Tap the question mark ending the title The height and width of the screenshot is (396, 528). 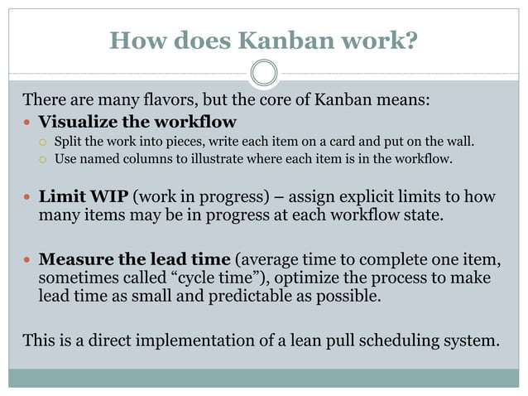(x=410, y=39)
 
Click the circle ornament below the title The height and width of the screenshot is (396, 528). (x=263, y=73)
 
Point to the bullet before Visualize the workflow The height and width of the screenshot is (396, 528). (x=27, y=122)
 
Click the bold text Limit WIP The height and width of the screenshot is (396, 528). (x=83, y=198)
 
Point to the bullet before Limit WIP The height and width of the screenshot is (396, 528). (x=27, y=199)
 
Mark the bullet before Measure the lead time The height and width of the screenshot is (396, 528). (x=27, y=258)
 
